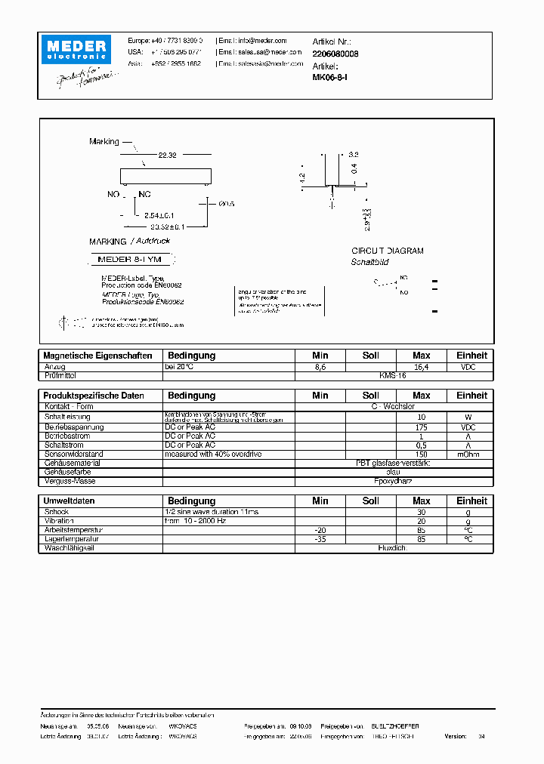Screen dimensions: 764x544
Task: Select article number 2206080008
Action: pyautogui.click(x=335, y=54)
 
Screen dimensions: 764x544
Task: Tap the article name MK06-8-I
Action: pyautogui.click(x=329, y=77)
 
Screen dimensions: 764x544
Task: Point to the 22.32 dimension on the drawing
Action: pyautogui.click(x=167, y=155)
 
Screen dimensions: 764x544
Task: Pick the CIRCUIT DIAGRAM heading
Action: pyautogui.click(x=388, y=251)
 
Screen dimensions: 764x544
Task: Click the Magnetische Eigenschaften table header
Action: pyautogui.click(x=98, y=356)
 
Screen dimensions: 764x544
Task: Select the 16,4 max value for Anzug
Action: pyautogui.click(x=421, y=366)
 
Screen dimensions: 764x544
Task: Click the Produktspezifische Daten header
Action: pyautogui.click(x=94, y=396)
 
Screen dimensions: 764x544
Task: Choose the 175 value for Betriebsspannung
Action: pyautogui.click(x=421, y=427)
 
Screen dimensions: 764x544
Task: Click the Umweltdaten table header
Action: pyautogui.click(x=70, y=501)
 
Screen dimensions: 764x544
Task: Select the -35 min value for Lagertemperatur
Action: pyautogui.click(x=320, y=540)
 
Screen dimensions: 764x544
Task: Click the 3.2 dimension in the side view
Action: pyautogui.click(x=354, y=154)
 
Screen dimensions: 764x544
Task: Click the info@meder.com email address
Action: pyautogui.click(x=262, y=41)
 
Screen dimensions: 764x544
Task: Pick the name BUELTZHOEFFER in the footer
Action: pyautogui.click(x=390, y=725)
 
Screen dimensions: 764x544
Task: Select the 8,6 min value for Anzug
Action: pyautogui.click(x=320, y=366)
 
